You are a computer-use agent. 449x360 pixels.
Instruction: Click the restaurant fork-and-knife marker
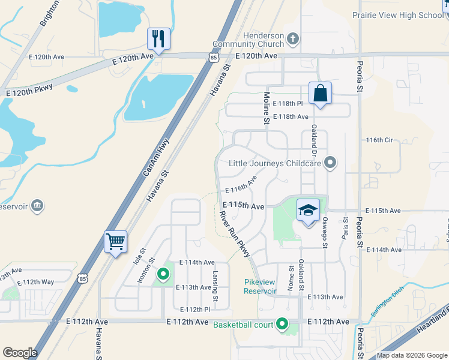coord(158,39)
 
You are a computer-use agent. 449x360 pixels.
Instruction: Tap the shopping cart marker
coord(115,241)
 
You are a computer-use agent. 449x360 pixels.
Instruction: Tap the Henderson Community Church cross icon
coord(293,40)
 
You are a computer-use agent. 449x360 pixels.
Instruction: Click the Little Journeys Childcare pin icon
coord(330,163)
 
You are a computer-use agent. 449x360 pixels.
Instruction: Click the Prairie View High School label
coord(397,15)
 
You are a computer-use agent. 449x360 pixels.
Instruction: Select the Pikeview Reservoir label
coord(260,287)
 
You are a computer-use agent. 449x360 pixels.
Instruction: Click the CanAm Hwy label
coord(155,157)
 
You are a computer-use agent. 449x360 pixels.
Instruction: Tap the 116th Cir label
coord(379,140)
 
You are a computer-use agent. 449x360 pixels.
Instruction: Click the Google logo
coord(20,352)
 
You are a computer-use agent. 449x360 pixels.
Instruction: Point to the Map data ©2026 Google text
coord(412,356)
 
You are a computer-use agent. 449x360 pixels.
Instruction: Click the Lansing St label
coord(215,281)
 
